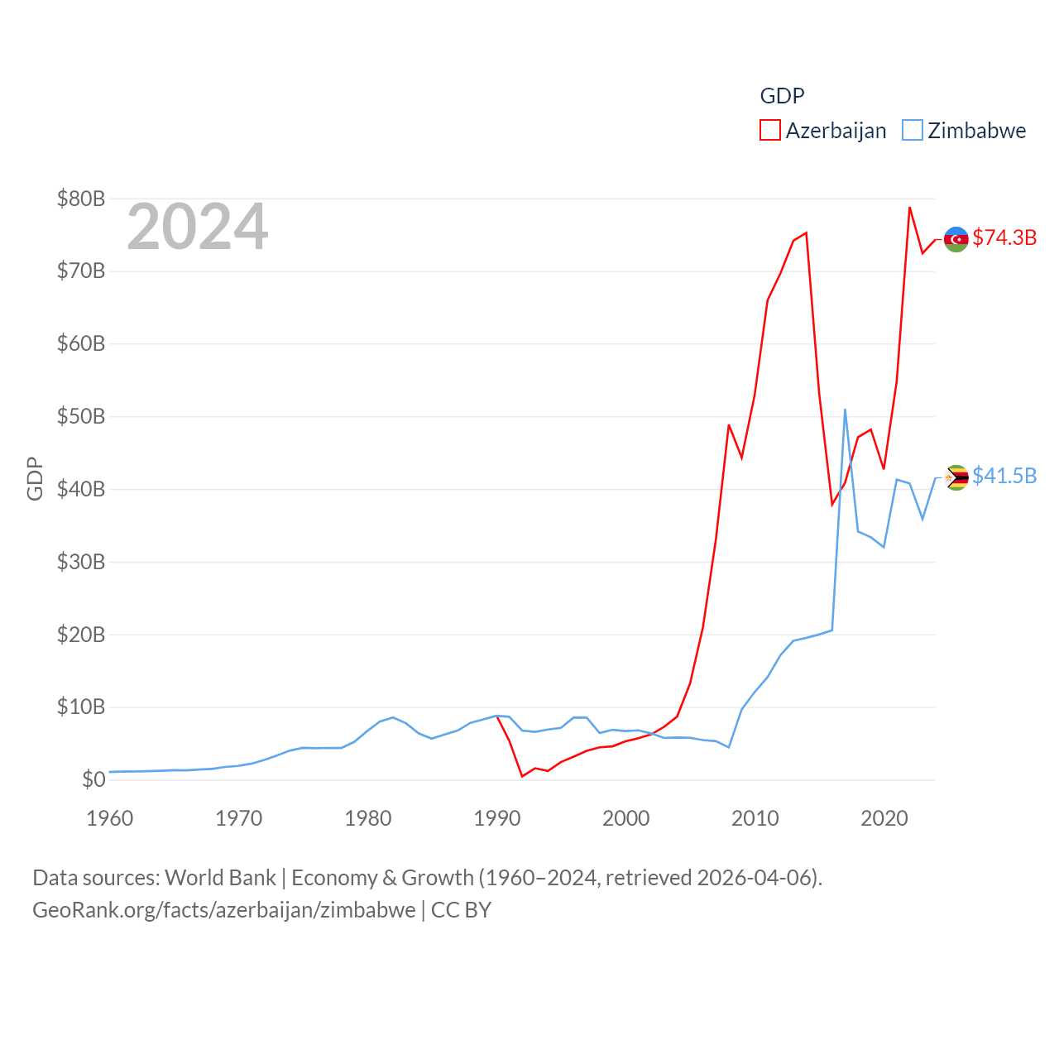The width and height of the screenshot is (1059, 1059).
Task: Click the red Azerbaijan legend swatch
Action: (769, 131)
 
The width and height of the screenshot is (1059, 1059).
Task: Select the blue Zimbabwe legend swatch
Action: (912, 131)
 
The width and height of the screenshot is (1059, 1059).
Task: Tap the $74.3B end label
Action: (1004, 237)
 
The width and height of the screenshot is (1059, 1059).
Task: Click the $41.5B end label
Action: (1004, 476)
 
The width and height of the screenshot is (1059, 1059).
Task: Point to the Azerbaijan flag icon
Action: (956, 239)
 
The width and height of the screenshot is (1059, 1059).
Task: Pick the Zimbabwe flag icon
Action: (956, 477)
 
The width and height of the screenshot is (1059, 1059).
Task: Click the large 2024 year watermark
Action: (197, 227)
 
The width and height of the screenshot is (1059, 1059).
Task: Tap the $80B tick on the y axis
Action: (81, 199)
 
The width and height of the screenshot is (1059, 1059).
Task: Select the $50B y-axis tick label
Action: (81, 416)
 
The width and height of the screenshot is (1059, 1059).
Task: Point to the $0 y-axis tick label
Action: (93, 779)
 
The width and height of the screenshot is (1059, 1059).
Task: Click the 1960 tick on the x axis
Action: (110, 818)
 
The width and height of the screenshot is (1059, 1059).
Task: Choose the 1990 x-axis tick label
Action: (497, 818)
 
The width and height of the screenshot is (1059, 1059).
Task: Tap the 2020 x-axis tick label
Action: (884, 818)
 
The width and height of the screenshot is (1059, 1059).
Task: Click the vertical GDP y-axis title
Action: (35, 478)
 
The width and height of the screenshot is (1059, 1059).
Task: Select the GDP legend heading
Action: (782, 96)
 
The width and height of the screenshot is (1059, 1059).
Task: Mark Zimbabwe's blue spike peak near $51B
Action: (845, 410)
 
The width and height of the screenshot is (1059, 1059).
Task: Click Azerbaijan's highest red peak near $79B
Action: (909, 208)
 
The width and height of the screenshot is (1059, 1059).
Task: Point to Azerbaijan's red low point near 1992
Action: (522, 776)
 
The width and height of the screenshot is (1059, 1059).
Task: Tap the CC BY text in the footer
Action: (461, 910)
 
